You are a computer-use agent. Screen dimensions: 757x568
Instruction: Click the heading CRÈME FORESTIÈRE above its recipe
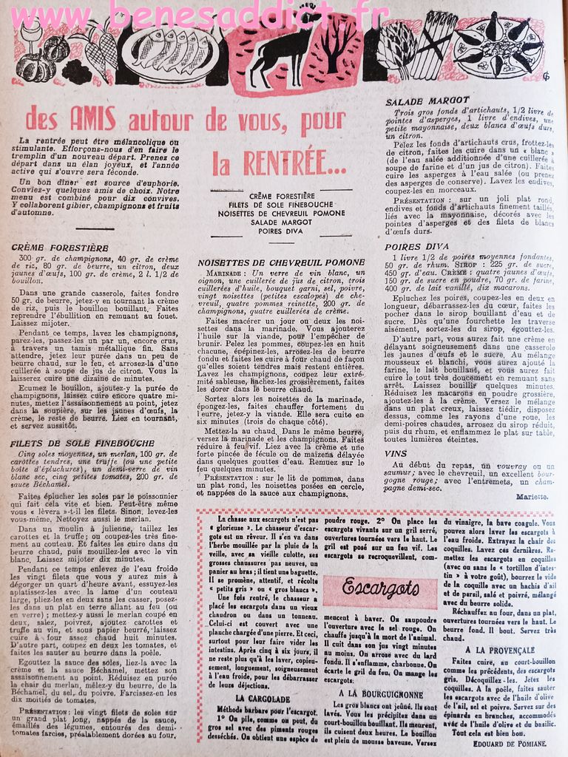(x=60, y=248)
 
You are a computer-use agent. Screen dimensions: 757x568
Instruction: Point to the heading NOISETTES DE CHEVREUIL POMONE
(x=281, y=262)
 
